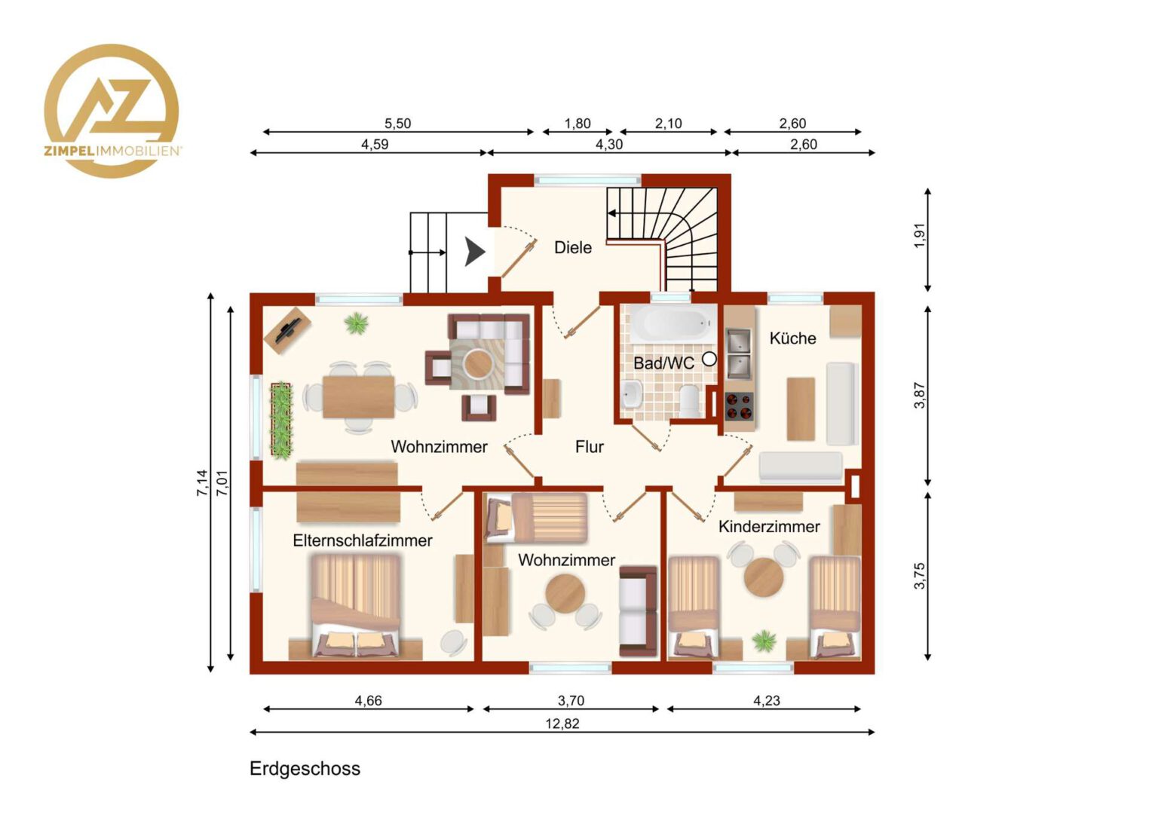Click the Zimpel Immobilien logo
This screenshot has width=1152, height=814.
tap(112, 111)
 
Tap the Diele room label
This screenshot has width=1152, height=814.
tap(573, 248)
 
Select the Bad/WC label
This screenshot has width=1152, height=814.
tap(663, 363)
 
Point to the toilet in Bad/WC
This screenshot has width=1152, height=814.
tap(688, 400)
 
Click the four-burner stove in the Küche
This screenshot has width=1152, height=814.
tap(739, 406)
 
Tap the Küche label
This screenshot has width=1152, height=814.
tap(792, 338)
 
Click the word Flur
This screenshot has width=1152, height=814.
tap(590, 447)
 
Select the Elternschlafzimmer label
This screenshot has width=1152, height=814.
tap(363, 540)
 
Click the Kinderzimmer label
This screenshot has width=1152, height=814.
tap(769, 527)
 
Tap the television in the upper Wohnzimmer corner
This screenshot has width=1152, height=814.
tap(287, 331)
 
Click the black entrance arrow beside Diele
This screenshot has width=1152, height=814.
tap(475, 252)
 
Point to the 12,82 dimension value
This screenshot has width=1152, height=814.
tap(562, 724)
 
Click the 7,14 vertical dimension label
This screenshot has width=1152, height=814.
tap(202, 483)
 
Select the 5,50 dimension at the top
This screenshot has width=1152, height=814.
tap(397, 124)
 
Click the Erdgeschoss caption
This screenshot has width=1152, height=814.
tap(305, 769)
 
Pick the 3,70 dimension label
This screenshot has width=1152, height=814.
tap(571, 700)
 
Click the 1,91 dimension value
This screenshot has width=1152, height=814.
tap(919, 235)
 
